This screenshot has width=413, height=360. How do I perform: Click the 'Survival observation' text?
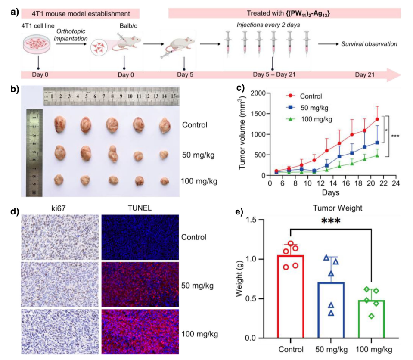point(369,44)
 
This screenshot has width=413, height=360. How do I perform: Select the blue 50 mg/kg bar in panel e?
point(331,309)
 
